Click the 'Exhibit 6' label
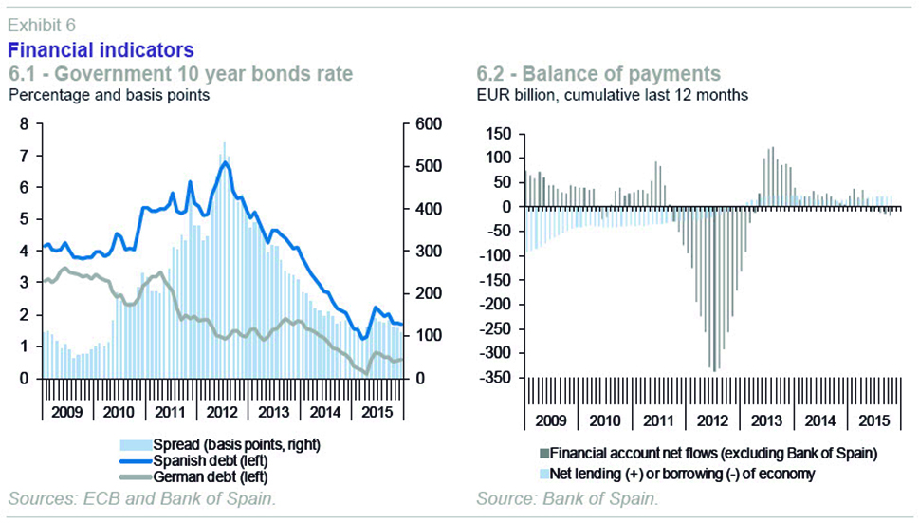click(42, 24)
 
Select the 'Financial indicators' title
click(101, 48)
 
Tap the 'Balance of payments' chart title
click(597, 73)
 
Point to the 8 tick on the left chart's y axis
click(25, 123)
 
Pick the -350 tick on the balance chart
click(493, 378)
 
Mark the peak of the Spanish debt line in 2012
click(224, 162)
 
